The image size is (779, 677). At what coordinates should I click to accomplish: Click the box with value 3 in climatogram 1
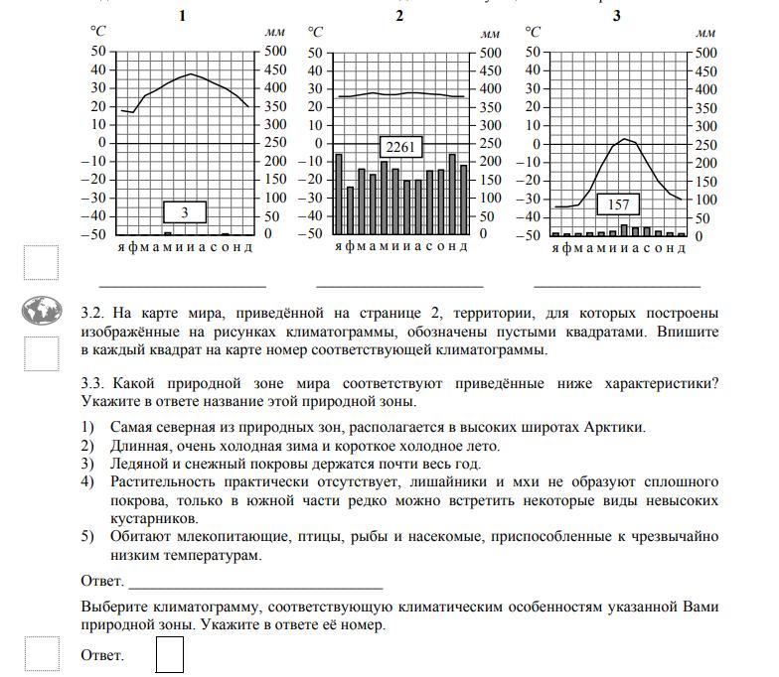(184, 212)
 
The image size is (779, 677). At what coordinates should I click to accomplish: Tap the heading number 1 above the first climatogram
(181, 15)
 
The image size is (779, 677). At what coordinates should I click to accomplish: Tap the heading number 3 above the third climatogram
(616, 15)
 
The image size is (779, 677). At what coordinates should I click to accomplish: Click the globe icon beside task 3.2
(42, 311)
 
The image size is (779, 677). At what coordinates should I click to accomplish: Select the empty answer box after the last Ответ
(170, 654)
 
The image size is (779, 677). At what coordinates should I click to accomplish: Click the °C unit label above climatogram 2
(317, 33)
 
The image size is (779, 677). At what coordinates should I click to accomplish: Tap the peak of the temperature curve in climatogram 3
(624, 138)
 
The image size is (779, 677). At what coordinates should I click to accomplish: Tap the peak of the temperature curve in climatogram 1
(192, 74)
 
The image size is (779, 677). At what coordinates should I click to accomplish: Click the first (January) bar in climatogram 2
(339, 194)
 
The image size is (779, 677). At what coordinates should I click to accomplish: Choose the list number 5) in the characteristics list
(89, 537)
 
